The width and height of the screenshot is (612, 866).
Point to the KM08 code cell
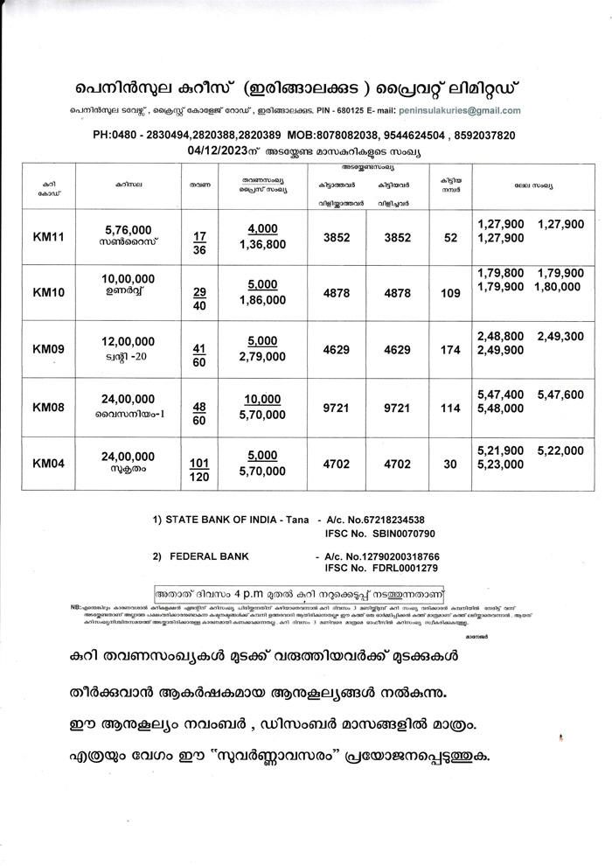click(x=49, y=407)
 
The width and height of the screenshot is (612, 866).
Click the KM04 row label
click(x=49, y=464)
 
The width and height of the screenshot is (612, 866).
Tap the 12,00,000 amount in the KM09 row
click(x=129, y=341)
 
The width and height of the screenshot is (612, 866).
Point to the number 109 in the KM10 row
click(x=450, y=293)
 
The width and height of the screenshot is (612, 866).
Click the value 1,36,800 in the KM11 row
click(x=263, y=244)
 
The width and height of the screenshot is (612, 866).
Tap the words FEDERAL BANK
click(x=209, y=556)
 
